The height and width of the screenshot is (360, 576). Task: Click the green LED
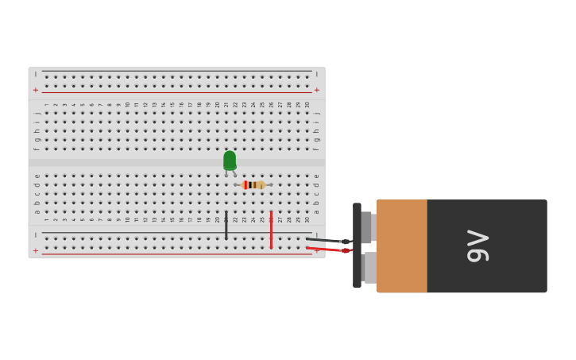[x=230, y=161]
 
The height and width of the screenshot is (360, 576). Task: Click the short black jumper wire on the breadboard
[x=226, y=225]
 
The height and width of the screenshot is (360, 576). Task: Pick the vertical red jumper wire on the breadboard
[x=271, y=230]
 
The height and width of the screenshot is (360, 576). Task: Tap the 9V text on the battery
[x=478, y=246]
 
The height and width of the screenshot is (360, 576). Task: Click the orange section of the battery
[x=402, y=246]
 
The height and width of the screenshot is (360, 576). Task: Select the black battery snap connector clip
[x=357, y=245]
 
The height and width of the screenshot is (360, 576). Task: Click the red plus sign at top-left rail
[x=35, y=90]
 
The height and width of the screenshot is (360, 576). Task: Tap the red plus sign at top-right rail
[x=317, y=90]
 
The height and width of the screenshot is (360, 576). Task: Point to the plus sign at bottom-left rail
[x=35, y=250]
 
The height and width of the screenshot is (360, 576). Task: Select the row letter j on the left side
[x=37, y=113]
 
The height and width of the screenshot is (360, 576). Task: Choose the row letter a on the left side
[x=37, y=211]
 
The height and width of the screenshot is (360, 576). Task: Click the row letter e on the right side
[x=316, y=176]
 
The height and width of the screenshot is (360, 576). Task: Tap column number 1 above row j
[x=46, y=104]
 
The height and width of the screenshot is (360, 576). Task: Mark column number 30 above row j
[x=307, y=104]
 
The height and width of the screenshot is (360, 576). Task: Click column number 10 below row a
[x=127, y=219]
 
